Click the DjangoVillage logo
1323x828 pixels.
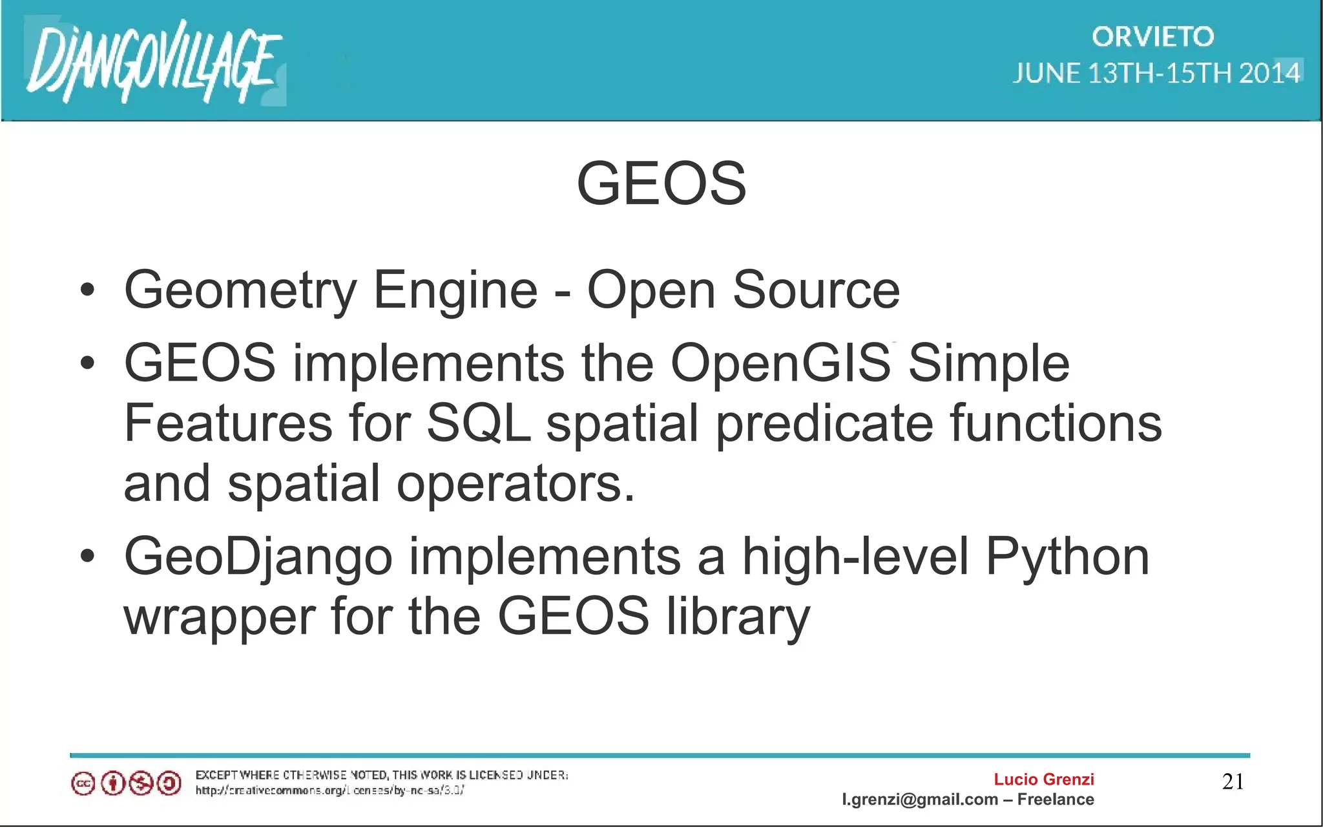click(154, 61)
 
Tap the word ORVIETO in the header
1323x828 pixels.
click(1152, 37)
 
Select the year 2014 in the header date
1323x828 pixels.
click(1269, 73)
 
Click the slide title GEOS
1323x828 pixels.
click(661, 184)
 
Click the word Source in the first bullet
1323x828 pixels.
click(815, 290)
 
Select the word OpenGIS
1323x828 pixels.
click(780, 363)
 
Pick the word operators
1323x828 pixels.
click(515, 483)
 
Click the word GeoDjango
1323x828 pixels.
click(258, 557)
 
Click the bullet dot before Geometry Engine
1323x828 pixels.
click(88, 290)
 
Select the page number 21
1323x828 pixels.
click(1233, 781)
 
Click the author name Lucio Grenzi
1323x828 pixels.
click(1043, 780)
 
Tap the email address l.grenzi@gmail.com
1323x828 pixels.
click(919, 800)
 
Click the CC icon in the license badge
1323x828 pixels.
click(83, 784)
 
